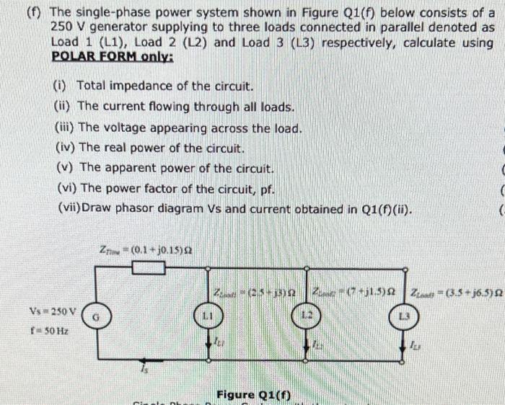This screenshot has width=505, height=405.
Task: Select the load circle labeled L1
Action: [x=207, y=316]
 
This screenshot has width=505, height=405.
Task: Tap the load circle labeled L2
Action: [x=307, y=316]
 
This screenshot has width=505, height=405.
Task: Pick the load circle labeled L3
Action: [x=404, y=316]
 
